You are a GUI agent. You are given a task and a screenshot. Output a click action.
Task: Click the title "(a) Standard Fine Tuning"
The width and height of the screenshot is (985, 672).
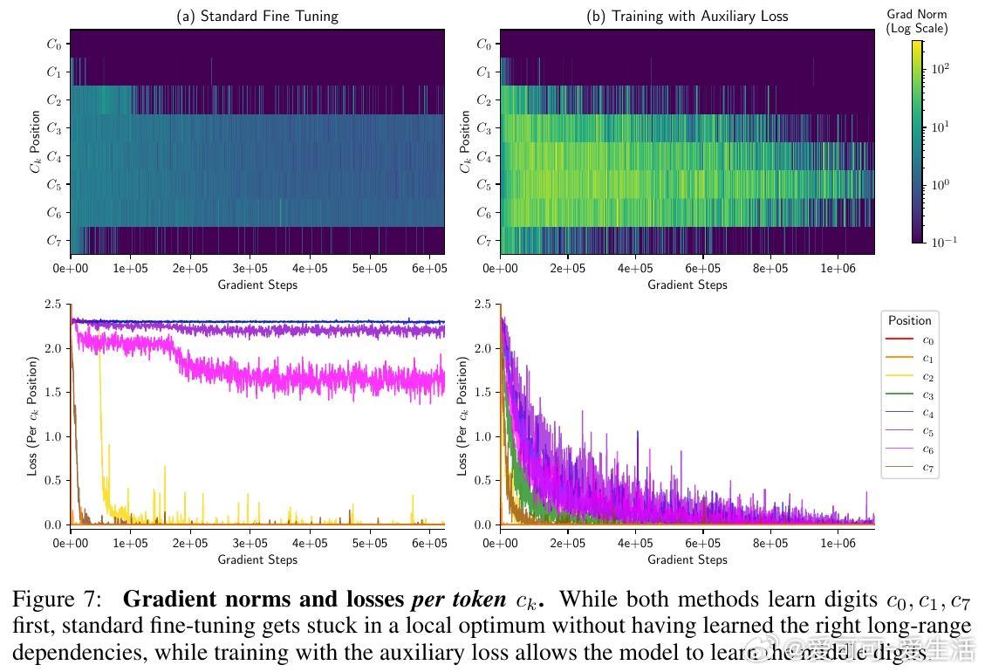point(257,16)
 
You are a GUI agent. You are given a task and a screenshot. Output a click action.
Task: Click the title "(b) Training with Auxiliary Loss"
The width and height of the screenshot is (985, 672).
point(687,16)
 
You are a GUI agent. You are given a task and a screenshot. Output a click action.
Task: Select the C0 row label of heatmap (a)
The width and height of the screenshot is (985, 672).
point(54,45)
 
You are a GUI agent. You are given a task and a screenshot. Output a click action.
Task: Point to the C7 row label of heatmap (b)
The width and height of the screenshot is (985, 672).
point(483,240)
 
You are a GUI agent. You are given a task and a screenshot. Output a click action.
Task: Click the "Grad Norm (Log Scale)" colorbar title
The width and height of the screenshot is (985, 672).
point(916,22)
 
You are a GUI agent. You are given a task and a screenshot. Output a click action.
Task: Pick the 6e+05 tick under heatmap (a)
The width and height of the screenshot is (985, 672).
point(428,269)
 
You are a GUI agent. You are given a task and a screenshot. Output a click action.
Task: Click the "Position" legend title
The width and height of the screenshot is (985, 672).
point(910,320)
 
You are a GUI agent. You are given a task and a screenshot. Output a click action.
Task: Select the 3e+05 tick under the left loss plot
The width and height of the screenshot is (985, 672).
point(250,544)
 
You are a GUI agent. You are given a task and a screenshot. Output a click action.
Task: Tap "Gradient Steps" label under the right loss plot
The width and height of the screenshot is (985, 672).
point(687,559)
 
